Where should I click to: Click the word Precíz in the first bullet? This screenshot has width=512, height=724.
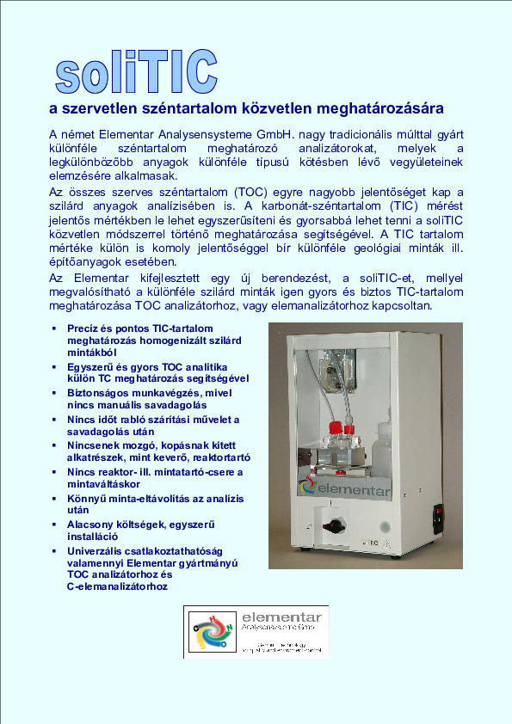(x=83, y=328)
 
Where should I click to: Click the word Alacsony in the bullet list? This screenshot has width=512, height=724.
(x=92, y=525)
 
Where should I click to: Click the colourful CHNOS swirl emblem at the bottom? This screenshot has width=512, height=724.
(x=211, y=633)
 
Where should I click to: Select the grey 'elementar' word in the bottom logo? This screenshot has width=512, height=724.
(x=281, y=617)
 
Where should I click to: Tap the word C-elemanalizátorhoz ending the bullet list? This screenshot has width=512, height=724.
(x=119, y=586)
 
